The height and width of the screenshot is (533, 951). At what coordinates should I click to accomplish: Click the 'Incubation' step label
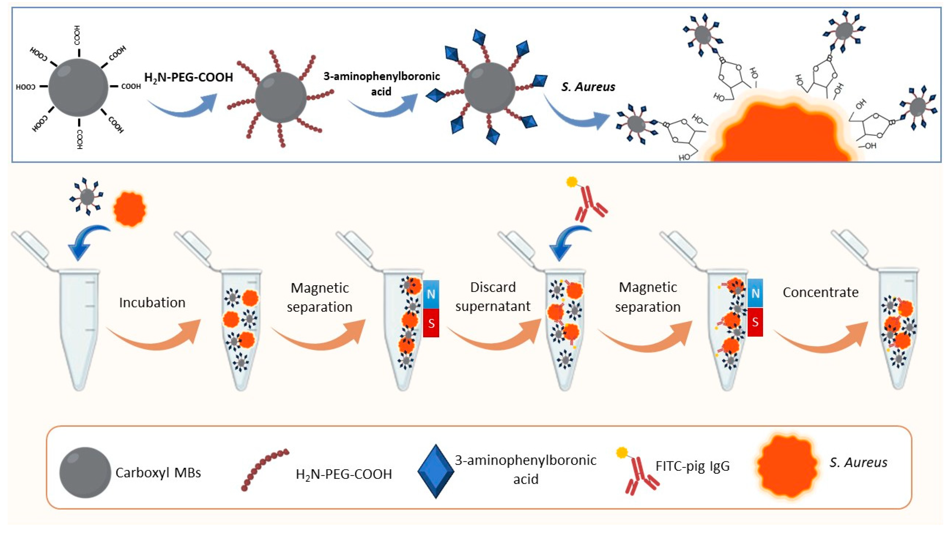[x=152, y=303]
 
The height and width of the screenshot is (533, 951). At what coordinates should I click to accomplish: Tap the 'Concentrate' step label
[x=820, y=292]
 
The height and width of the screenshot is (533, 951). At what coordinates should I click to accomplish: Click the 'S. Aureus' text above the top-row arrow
[x=588, y=87]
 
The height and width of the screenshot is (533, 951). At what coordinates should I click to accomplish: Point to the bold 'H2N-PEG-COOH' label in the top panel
[x=188, y=77]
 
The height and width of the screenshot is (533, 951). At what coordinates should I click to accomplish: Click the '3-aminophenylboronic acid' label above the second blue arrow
[x=381, y=83]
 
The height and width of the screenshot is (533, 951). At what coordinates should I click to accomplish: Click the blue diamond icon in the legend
[x=436, y=471]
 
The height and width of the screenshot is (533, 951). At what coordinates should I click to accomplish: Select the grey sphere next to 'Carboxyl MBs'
[x=85, y=472]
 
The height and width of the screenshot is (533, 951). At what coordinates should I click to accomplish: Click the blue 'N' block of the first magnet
[x=431, y=294]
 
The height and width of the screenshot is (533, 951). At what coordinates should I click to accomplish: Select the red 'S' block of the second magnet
[x=755, y=322]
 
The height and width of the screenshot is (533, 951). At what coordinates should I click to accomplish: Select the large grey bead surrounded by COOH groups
[x=78, y=88]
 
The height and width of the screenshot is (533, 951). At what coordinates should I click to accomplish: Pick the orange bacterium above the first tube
[x=130, y=209]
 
